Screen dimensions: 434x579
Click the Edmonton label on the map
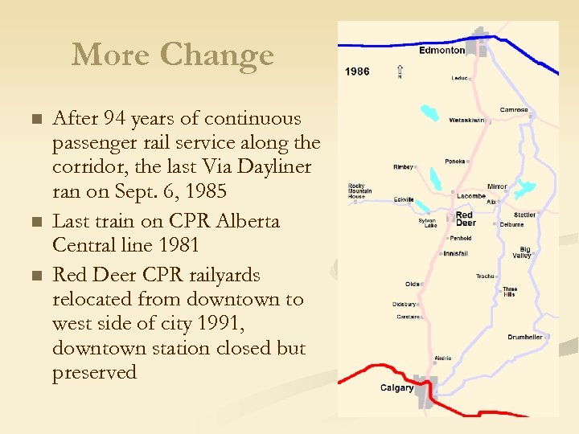(441, 50)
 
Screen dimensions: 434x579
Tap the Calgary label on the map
(396, 388)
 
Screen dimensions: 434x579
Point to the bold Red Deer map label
(465, 219)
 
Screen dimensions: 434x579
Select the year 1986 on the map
(357, 72)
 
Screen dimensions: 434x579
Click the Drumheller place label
(524, 338)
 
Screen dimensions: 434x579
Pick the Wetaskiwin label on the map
(466, 120)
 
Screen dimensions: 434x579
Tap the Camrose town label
(514, 109)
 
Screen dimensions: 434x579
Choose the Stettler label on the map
(525, 215)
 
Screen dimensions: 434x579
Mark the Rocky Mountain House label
(356, 190)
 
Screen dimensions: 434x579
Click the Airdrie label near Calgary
(442, 358)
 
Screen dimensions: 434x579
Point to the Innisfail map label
(455, 254)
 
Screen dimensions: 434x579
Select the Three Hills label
(510, 292)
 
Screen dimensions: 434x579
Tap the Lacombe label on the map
(470, 196)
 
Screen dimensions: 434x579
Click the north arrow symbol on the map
(400, 72)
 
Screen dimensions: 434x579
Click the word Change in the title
(217, 55)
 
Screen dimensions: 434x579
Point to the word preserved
(94, 373)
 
